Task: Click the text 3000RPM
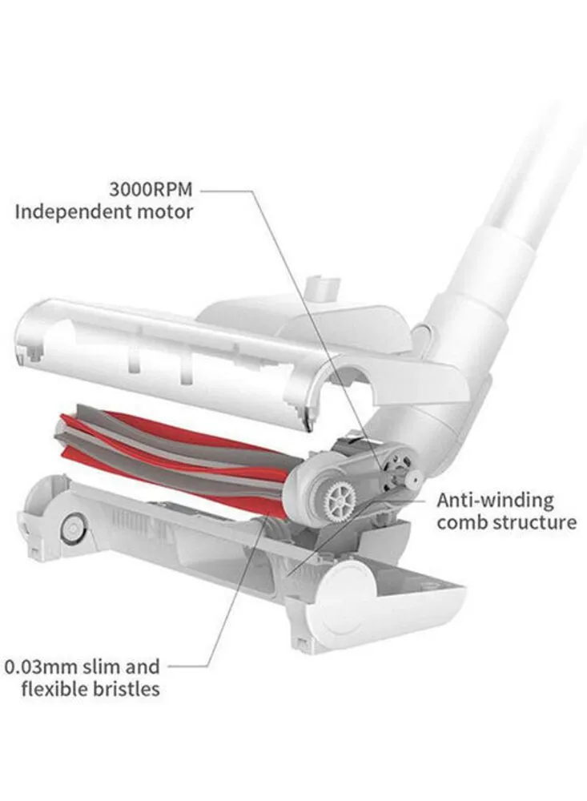(x=151, y=191)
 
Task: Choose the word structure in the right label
(x=540, y=523)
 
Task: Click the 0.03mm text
(x=45, y=666)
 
